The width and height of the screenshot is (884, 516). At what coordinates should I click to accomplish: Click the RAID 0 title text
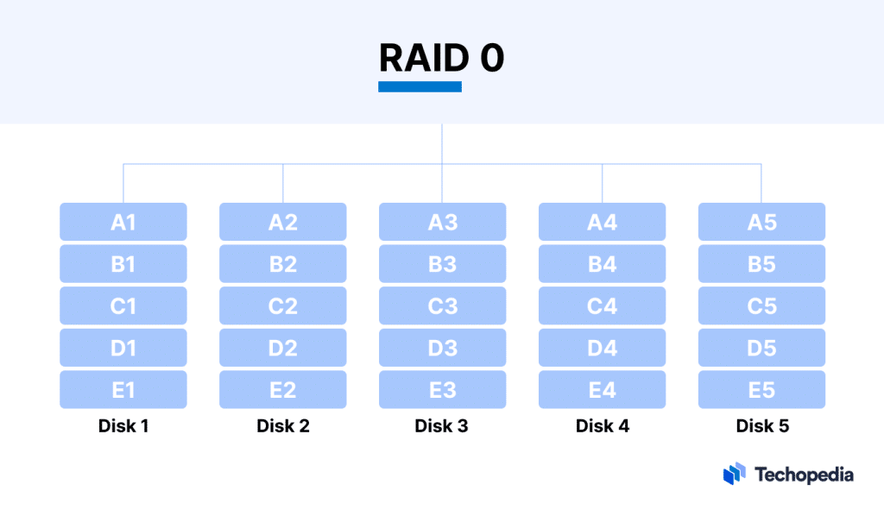pyautogui.click(x=441, y=57)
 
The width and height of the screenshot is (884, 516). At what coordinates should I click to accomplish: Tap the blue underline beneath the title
pyautogui.click(x=420, y=86)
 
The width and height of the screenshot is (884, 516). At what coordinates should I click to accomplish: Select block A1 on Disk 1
pyautogui.click(x=123, y=222)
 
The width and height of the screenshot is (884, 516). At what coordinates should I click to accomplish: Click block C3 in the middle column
pyautogui.click(x=442, y=305)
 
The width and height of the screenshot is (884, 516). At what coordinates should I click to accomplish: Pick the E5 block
pyautogui.click(x=761, y=390)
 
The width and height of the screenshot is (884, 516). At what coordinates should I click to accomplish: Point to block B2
pyautogui.click(x=283, y=264)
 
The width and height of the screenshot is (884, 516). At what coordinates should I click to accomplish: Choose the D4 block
pyautogui.click(x=602, y=348)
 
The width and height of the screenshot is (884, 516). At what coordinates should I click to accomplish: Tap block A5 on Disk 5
pyautogui.click(x=761, y=222)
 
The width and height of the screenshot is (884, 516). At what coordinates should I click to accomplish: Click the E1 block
pyautogui.click(x=123, y=390)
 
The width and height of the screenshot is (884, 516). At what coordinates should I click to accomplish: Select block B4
pyautogui.click(x=602, y=264)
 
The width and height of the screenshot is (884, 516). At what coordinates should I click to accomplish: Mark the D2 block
pyautogui.click(x=283, y=348)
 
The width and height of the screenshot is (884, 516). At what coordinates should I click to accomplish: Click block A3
pyautogui.click(x=442, y=222)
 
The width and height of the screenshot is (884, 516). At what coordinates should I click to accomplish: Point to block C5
pyautogui.click(x=761, y=305)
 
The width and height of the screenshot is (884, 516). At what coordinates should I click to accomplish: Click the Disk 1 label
pyautogui.click(x=123, y=425)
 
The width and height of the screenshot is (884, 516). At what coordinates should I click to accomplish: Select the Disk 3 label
pyautogui.click(x=441, y=425)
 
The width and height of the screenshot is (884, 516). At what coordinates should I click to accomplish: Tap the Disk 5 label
pyautogui.click(x=762, y=425)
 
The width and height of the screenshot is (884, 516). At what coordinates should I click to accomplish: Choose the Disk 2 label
pyautogui.click(x=283, y=425)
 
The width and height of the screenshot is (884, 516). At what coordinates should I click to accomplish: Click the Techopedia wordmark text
pyautogui.click(x=803, y=474)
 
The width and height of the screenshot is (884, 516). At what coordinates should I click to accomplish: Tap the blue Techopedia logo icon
pyautogui.click(x=734, y=474)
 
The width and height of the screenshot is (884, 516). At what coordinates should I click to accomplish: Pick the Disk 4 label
pyautogui.click(x=603, y=425)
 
